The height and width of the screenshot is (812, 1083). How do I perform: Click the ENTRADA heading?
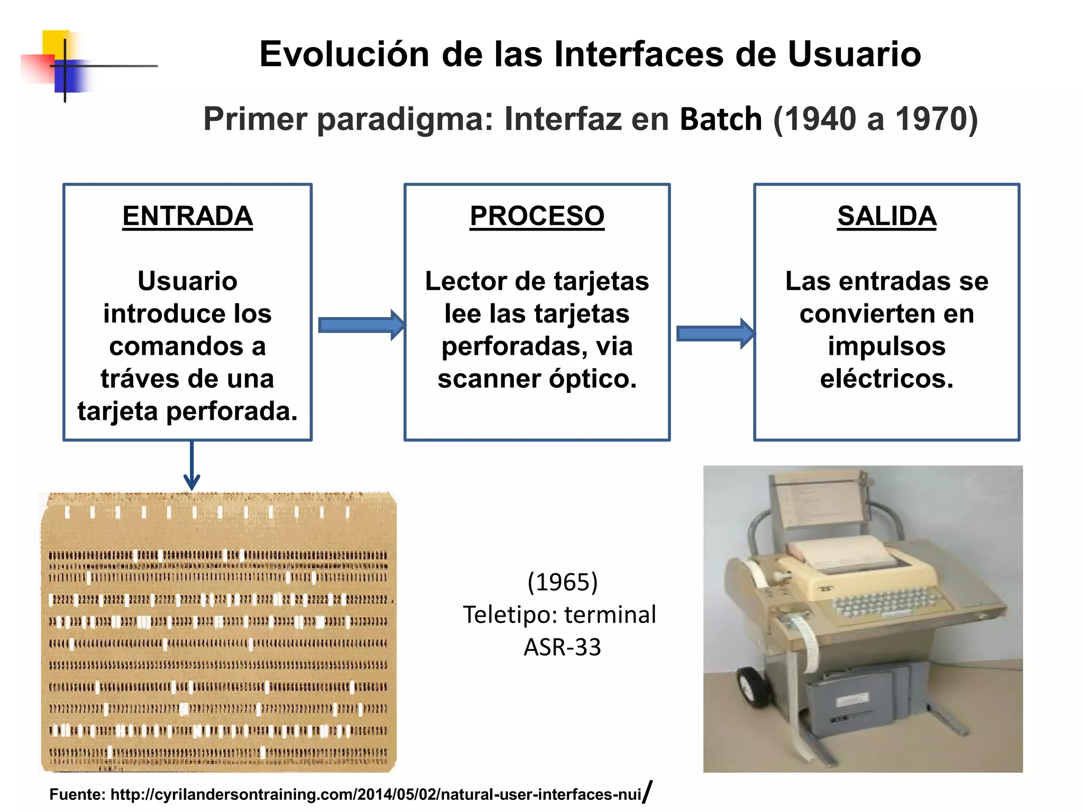click(187, 216)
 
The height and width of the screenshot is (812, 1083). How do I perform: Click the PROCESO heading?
click(537, 216)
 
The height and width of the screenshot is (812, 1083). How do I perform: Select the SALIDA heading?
click(886, 216)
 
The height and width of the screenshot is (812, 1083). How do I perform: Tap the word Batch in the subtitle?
click(720, 119)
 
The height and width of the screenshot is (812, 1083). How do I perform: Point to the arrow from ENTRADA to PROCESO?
click(362, 325)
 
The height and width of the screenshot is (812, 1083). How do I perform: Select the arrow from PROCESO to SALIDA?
click(715, 333)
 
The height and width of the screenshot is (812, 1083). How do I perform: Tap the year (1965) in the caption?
click(562, 582)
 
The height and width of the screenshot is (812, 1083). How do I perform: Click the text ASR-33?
click(562, 647)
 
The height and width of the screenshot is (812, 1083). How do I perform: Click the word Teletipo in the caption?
click(509, 615)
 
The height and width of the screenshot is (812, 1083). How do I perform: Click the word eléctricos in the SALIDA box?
click(886, 379)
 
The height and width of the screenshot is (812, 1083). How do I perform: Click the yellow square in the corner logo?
click(54, 42)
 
